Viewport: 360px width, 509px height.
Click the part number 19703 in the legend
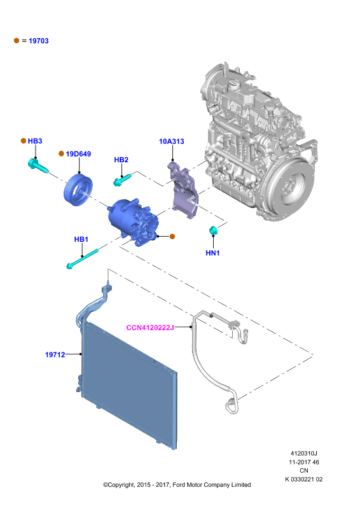tap(39, 41)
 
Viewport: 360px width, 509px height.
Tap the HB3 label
tap(35, 141)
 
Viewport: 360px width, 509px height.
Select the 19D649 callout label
tap(78, 154)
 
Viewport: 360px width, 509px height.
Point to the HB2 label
tap(121, 160)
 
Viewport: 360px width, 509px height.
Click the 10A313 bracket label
tap(171, 141)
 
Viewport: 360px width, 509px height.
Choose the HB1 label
tap(81, 239)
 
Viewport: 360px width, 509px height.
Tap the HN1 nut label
tap(212, 253)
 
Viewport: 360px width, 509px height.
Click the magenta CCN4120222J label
tap(150, 328)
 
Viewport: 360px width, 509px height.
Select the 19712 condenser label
tap(55, 355)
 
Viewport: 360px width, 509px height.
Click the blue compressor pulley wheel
tap(78, 190)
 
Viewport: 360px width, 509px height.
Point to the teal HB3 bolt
tap(38, 165)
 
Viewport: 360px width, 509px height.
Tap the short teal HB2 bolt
tap(122, 180)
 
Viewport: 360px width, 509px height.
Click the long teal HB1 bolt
tap(82, 259)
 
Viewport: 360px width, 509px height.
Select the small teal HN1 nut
tap(213, 230)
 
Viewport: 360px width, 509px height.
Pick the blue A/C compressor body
tap(133, 222)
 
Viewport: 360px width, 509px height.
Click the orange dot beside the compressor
tap(172, 236)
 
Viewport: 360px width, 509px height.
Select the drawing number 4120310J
tap(304, 453)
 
